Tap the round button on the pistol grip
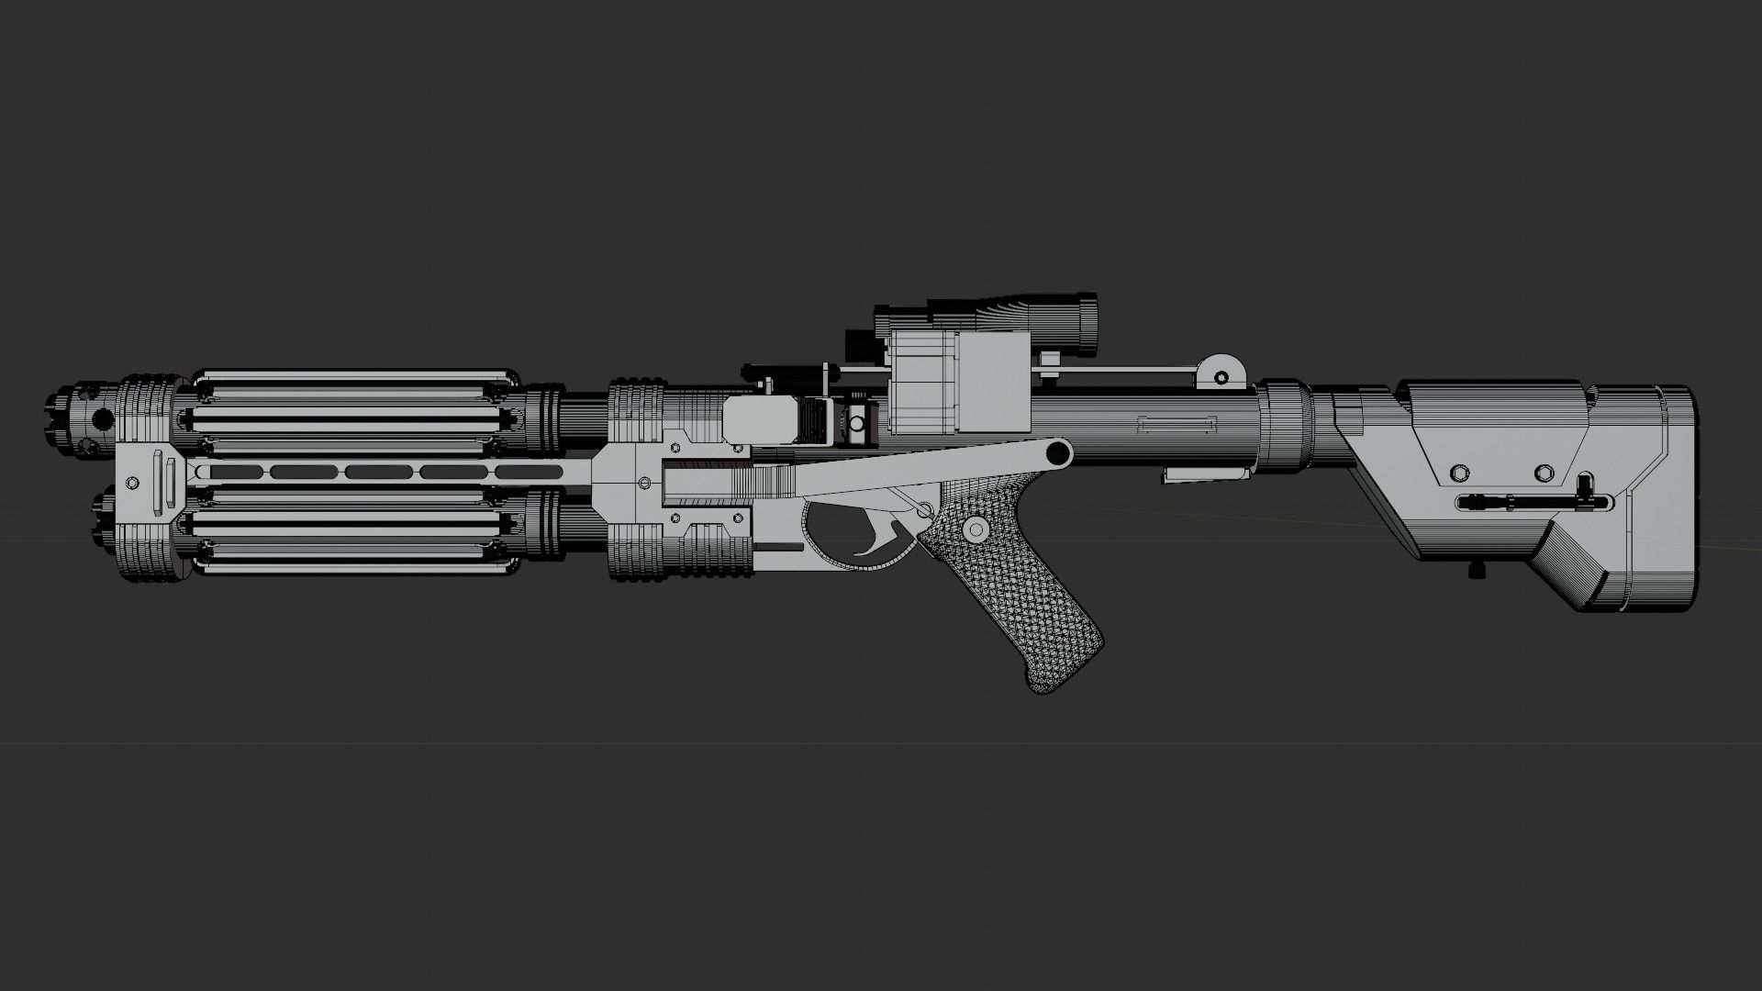pos(975,529)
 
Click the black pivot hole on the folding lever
pos(1057,451)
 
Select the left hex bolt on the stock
pos(1458,473)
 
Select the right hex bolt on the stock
pos(1545,473)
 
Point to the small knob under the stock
pos(1477,571)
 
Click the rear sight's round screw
pos(1221,376)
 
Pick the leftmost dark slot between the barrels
pos(229,472)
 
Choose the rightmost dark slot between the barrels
pos(531,472)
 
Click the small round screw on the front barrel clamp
pos(131,482)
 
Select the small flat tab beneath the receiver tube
pos(1206,474)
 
